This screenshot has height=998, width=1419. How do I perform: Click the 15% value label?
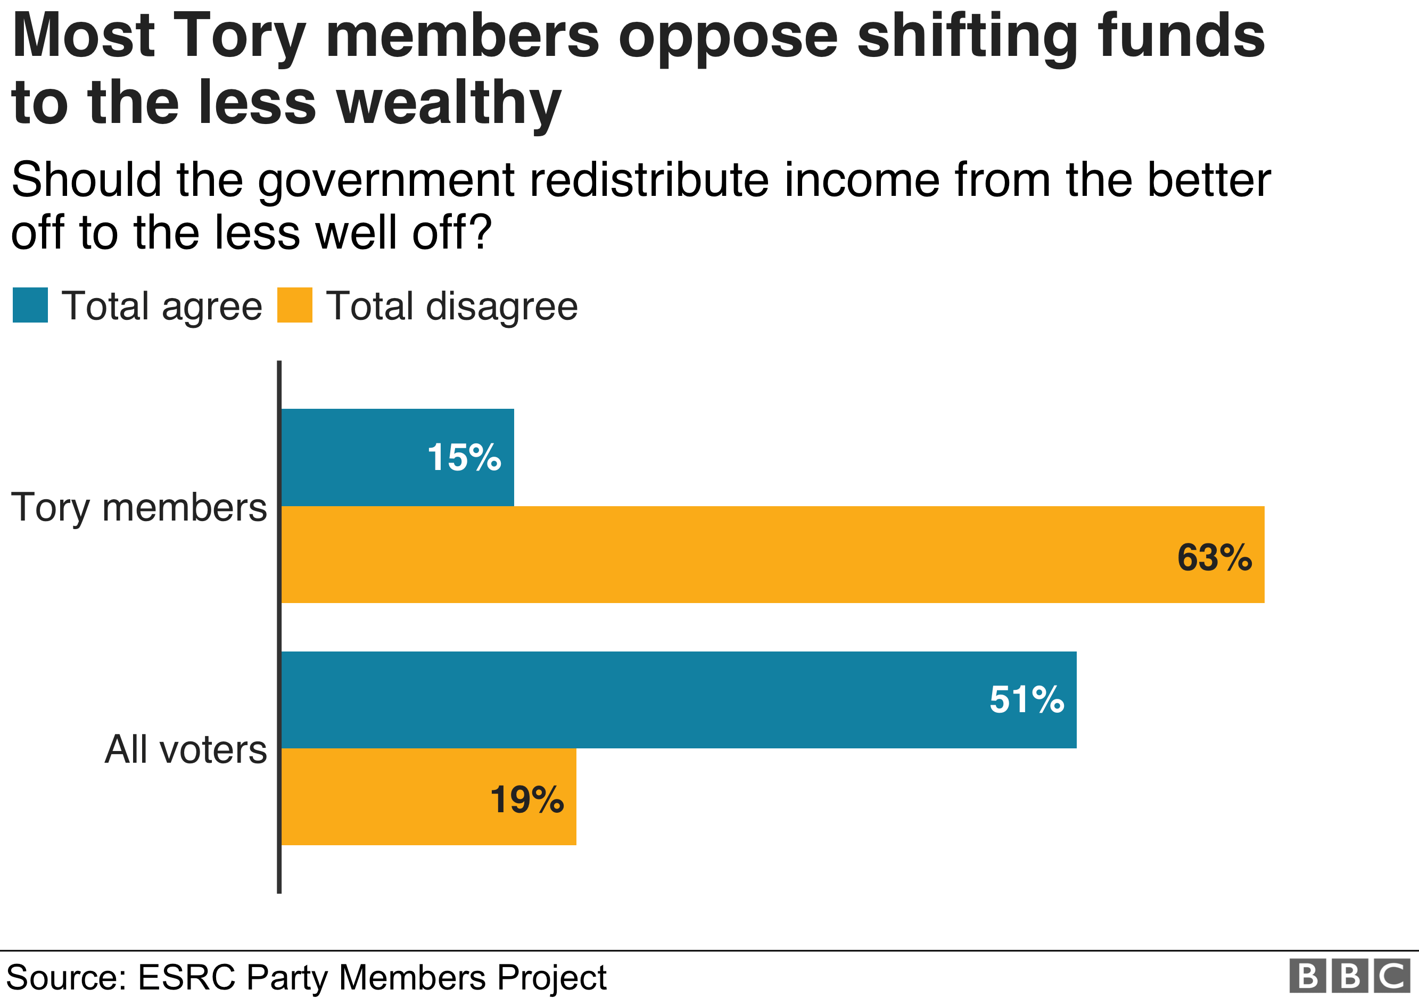coord(464,458)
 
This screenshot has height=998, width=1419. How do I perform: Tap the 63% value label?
coord(1214,557)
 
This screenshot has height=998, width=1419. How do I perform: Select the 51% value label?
coord(1027,699)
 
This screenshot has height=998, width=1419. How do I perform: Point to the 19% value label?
coord(526,799)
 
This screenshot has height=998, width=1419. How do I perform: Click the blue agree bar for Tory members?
coord(352,457)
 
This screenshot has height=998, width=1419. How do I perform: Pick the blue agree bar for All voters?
coord(618,699)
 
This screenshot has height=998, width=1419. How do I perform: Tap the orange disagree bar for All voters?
coord(383,797)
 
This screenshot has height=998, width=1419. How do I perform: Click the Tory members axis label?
coord(138,508)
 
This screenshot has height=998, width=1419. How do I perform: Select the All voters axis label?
coord(185,749)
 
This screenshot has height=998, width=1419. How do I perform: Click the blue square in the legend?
coord(30,306)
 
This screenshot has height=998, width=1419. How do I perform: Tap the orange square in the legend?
coord(294,306)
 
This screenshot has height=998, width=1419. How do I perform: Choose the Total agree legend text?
coord(162,307)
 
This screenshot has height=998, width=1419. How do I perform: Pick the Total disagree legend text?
coord(451,307)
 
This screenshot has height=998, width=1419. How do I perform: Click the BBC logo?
coord(1349,976)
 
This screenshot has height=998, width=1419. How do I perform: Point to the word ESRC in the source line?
coord(186,978)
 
